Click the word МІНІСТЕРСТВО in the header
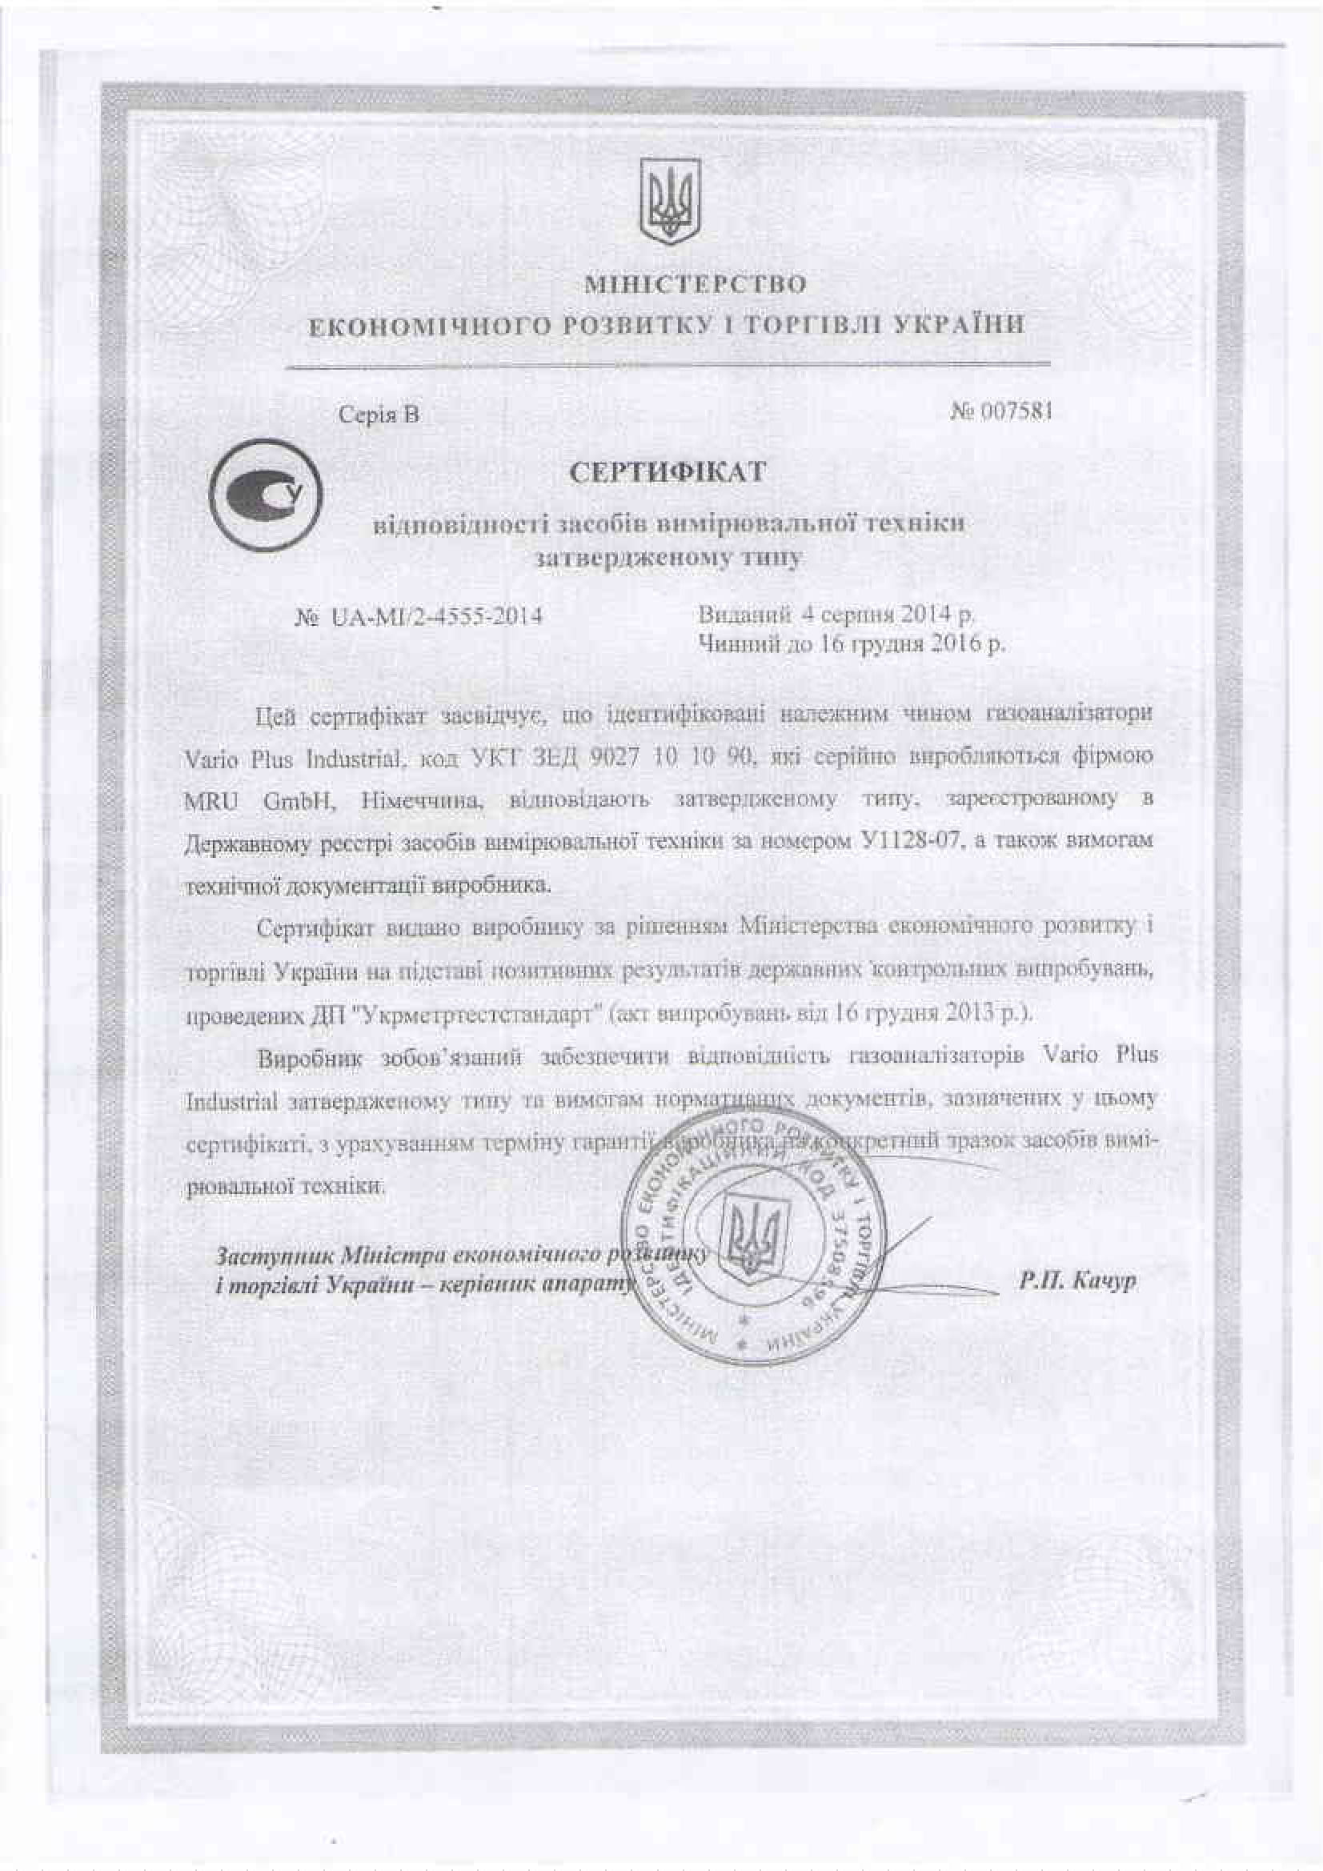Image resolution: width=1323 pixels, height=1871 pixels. tap(696, 285)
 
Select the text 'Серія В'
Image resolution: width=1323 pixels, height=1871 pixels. tap(379, 415)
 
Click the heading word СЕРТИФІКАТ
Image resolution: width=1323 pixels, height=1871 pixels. tap(667, 473)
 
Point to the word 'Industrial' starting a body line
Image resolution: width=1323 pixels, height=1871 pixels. tap(232, 1102)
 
